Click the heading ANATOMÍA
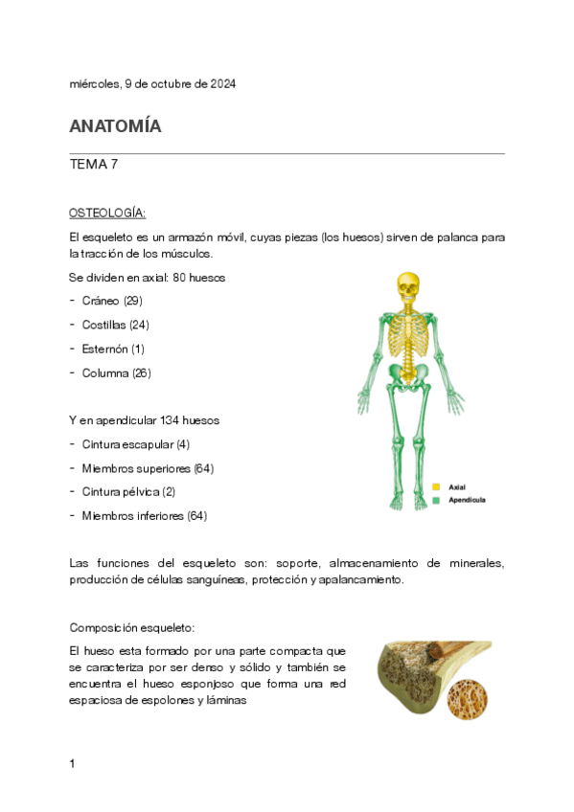click(115, 126)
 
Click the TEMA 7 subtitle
click(94, 164)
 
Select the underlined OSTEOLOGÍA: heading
click(107, 213)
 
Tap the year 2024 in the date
click(222, 84)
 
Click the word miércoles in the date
click(95, 84)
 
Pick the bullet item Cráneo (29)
click(112, 301)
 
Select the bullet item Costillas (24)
click(115, 325)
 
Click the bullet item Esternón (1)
click(113, 349)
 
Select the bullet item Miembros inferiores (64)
click(144, 516)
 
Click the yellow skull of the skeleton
click(409, 286)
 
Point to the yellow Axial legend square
click(436, 487)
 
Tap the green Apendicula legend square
click(436, 500)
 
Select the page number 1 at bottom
click(72, 763)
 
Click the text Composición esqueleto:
click(132, 627)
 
